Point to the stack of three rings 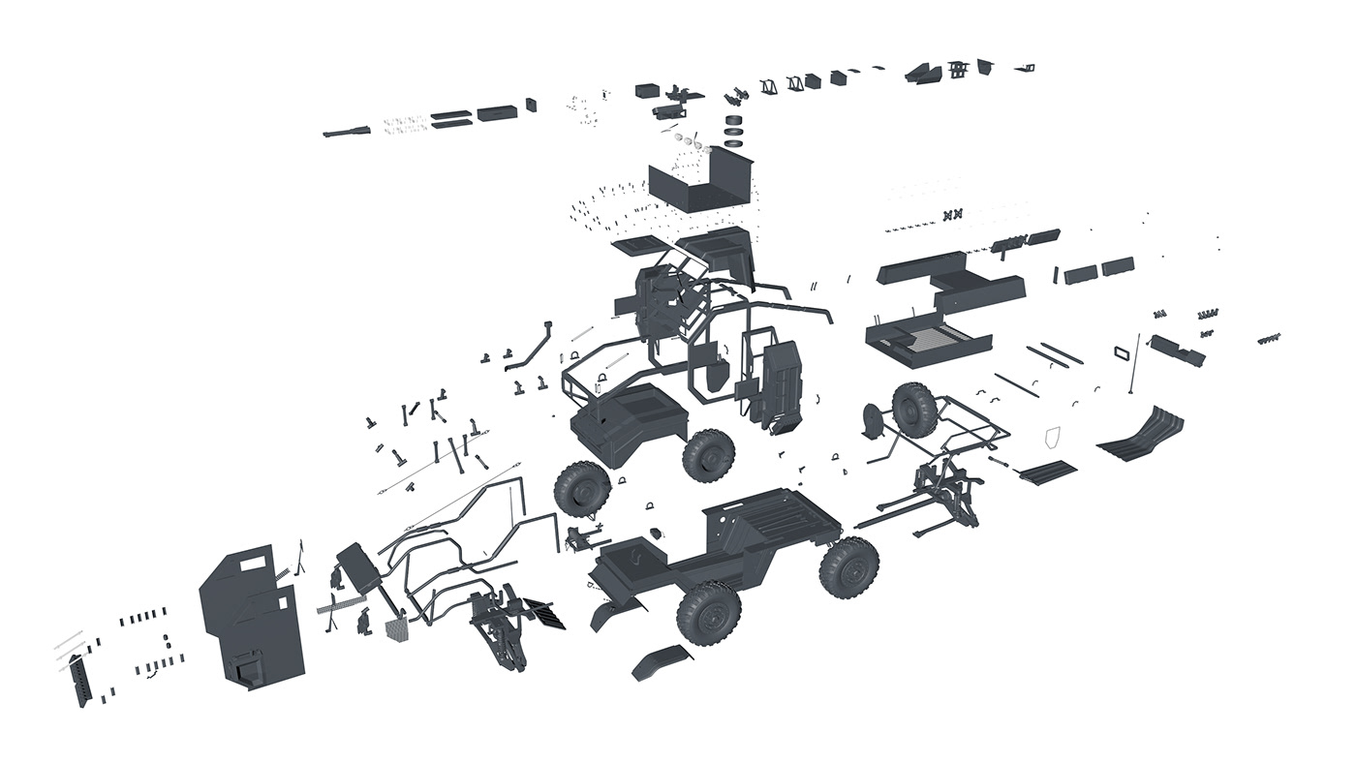(737, 129)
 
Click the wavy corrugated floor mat (1142, 434)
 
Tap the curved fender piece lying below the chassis (663, 661)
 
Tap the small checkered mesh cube (398, 630)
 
